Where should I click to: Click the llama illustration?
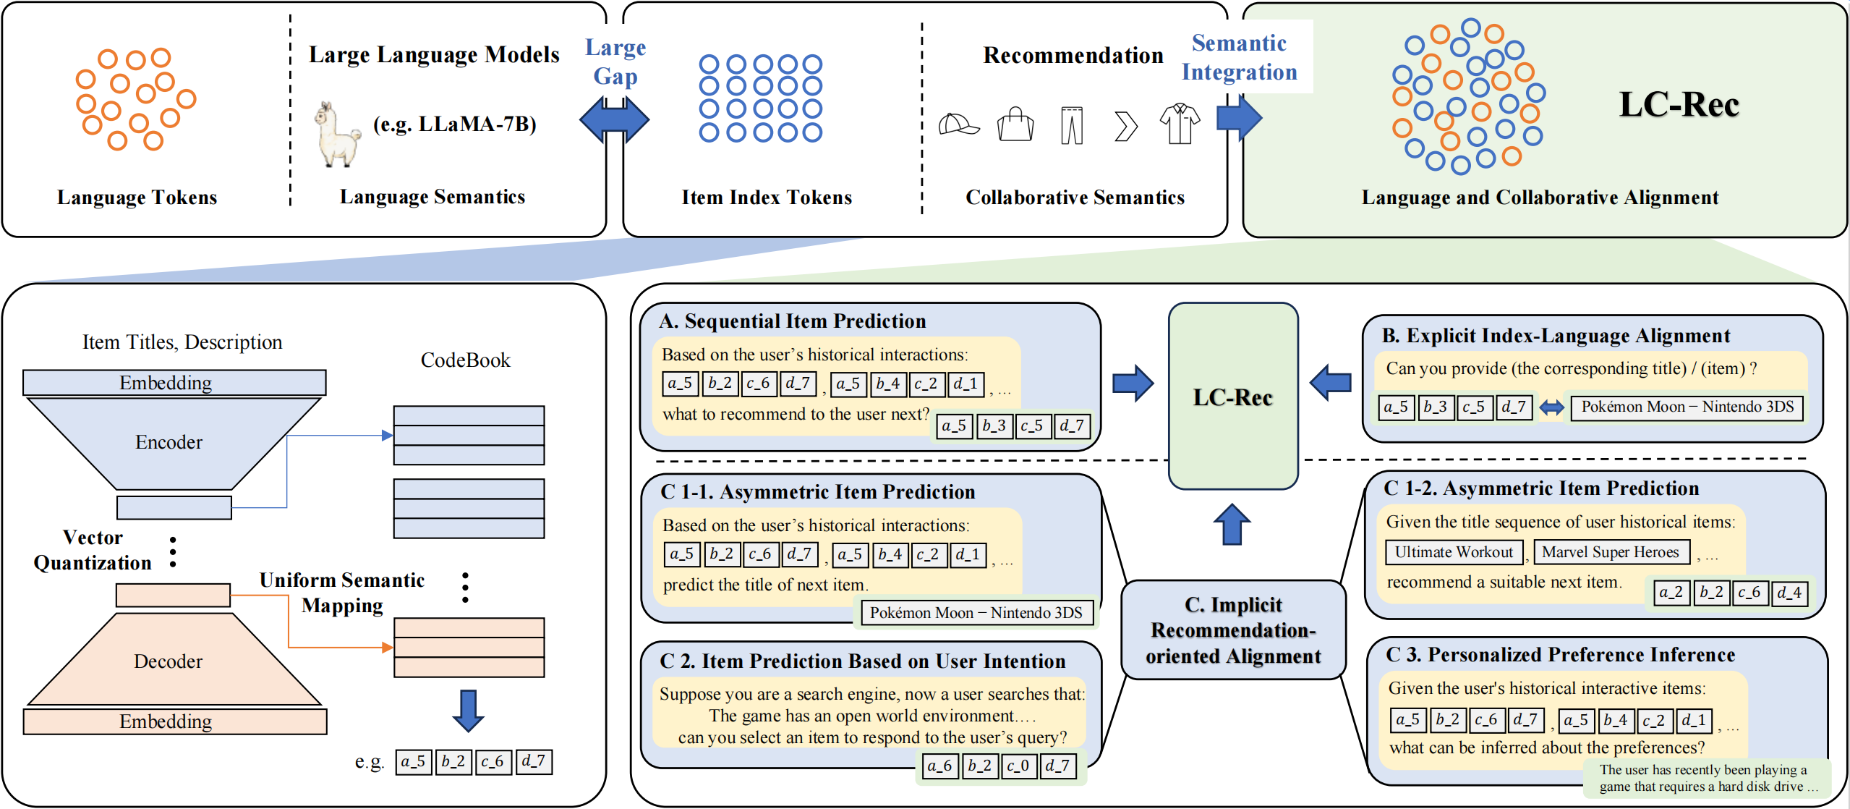[x=337, y=135]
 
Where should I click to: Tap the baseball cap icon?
[x=958, y=124]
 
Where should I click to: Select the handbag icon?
[x=1015, y=124]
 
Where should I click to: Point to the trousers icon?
[x=1072, y=125]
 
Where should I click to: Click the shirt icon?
[x=1180, y=124]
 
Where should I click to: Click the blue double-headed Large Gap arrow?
[x=614, y=119]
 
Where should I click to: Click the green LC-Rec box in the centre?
[x=1233, y=396]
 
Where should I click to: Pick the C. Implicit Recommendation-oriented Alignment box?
[x=1233, y=630]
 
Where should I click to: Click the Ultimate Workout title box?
[x=1454, y=552]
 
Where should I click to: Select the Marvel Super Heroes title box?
[x=1611, y=552]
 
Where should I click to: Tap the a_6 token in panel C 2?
[x=939, y=766]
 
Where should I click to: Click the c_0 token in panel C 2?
[x=1018, y=766]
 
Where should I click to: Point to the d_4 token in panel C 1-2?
[x=1789, y=593]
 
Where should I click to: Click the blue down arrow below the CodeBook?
[x=468, y=711]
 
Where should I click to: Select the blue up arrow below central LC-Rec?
[x=1232, y=524]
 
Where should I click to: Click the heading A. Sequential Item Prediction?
[x=792, y=321]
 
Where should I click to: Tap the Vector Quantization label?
[x=93, y=550]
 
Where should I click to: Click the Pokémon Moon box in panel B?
[x=1687, y=407]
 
